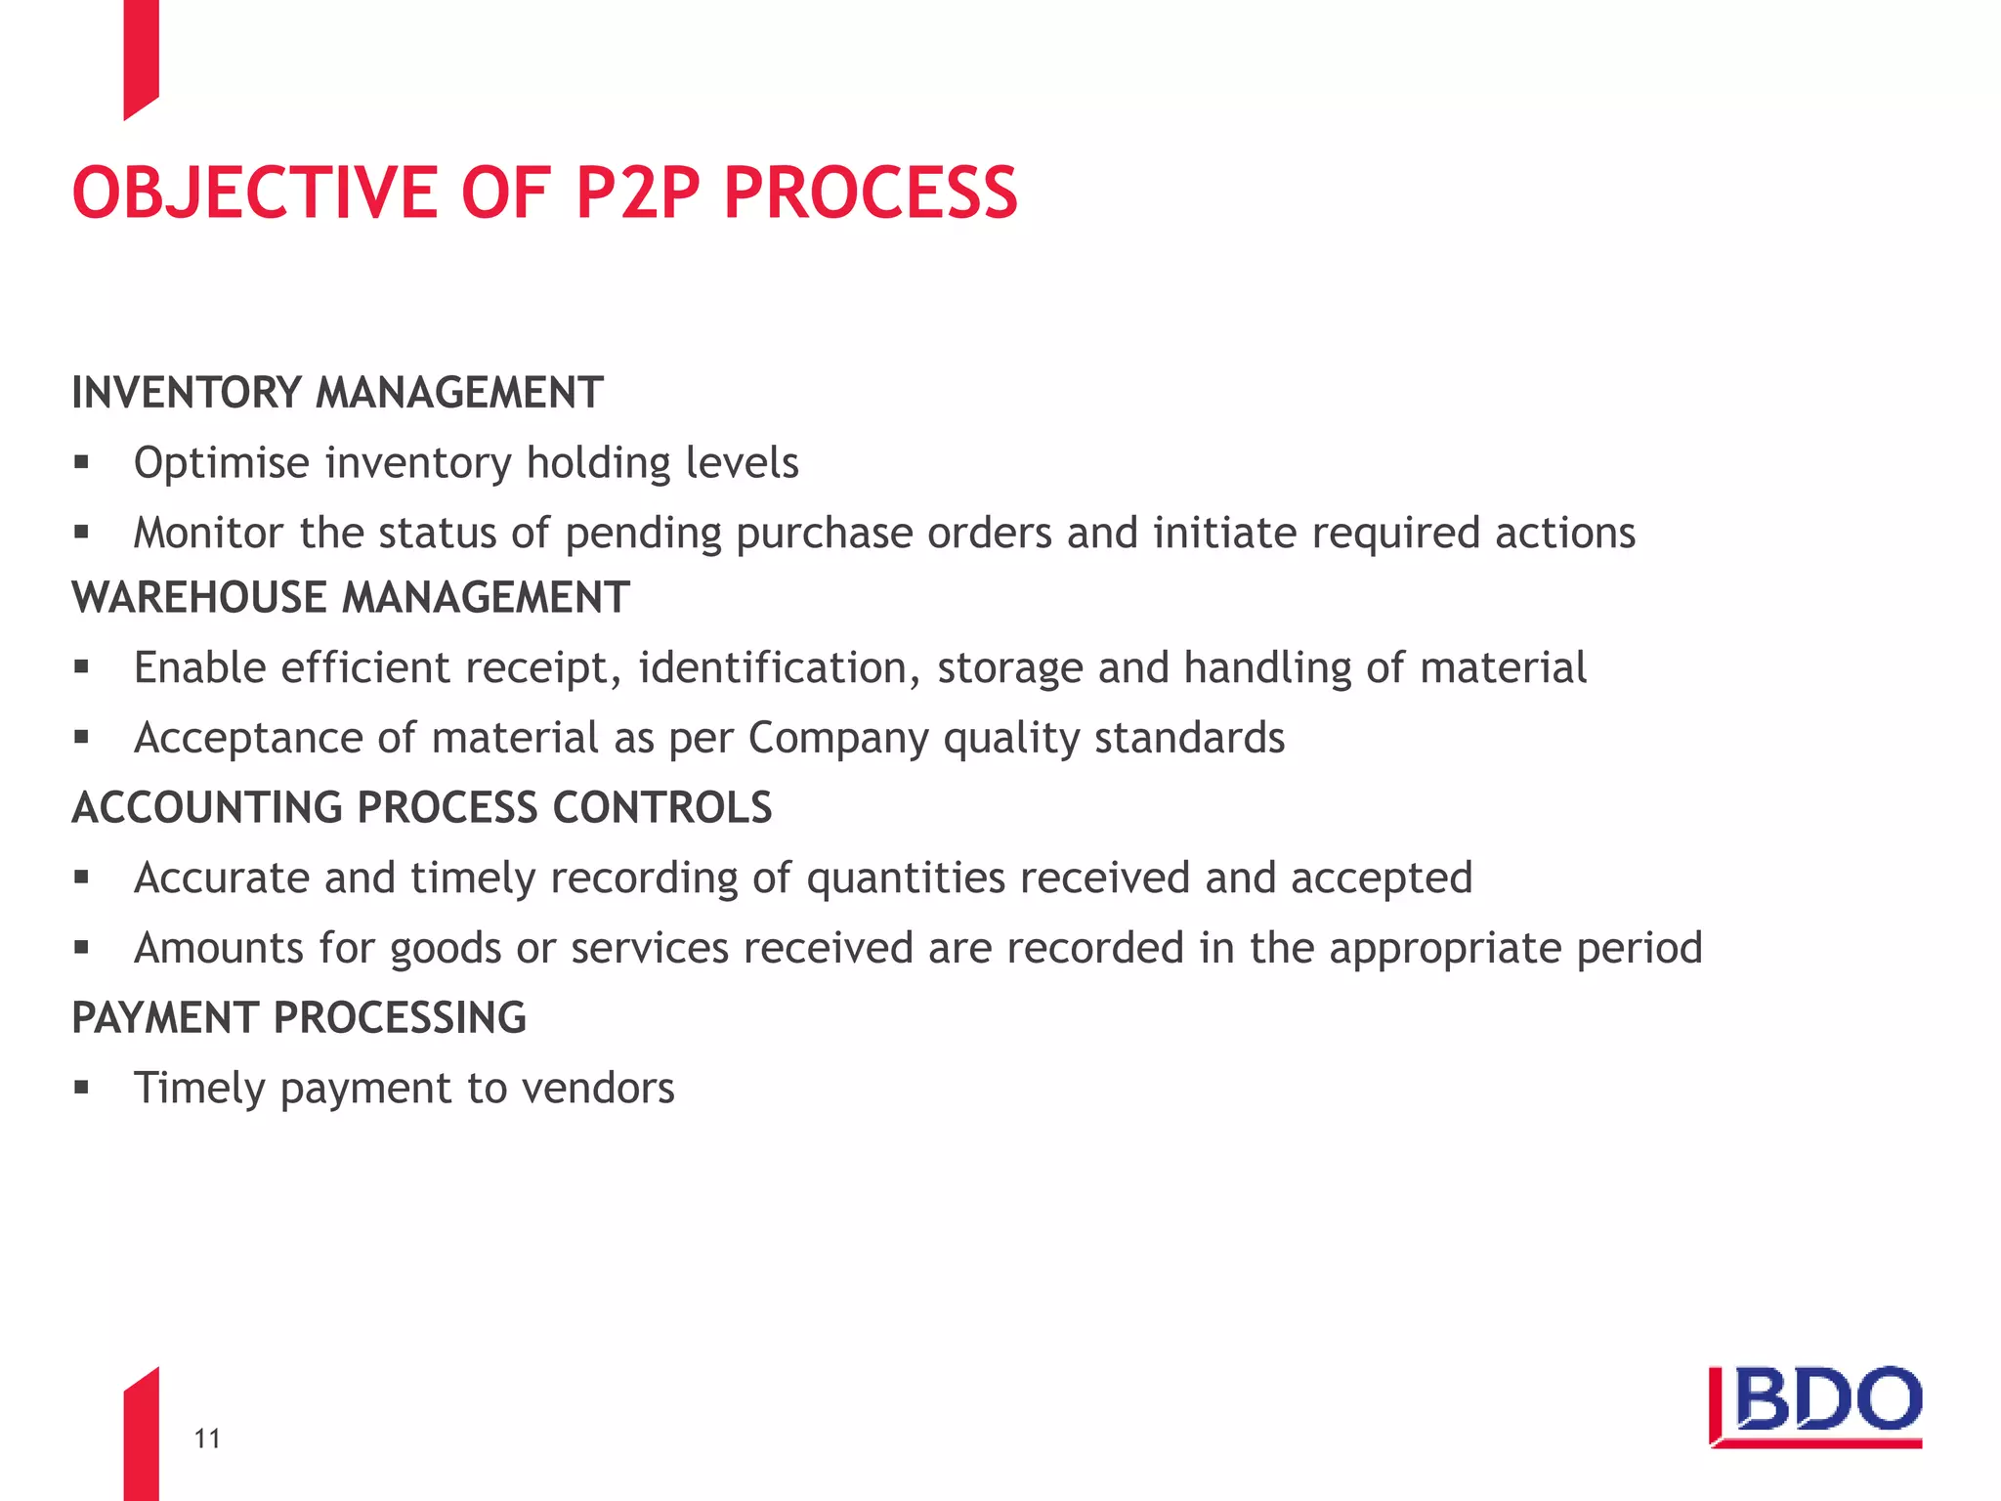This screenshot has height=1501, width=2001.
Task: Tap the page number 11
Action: pyautogui.click(x=207, y=1438)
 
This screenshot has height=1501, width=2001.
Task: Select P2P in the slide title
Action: pyautogui.click(x=638, y=193)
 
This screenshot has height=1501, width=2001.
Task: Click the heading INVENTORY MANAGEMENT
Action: pyautogui.click(x=337, y=393)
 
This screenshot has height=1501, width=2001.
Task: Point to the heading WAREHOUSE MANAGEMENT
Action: pyautogui.click(x=351, y=598)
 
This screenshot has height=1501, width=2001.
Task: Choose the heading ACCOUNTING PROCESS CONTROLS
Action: pyautogui.click(x=422, y=808)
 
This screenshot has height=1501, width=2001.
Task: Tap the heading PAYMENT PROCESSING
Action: pyautogui.click(x=299, y=1018)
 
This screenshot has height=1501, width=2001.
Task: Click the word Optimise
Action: pyautogui.click(x=222, y=463)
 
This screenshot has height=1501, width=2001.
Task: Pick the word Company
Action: pyautogui.click(x=837, y=739)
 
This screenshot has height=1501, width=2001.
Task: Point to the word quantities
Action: pyautogui.click(x=906, y=879)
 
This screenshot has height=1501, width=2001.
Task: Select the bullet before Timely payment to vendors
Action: pyautogui.click(x=81, y=1088)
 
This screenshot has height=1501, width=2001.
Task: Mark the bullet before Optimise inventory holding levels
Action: pyautogui.click(x=81, y=462)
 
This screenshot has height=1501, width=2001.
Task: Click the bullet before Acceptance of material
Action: pyautogui.click(x=81, y=738)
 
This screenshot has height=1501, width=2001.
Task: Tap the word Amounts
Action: pyautogui.click(x=219, y=948)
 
